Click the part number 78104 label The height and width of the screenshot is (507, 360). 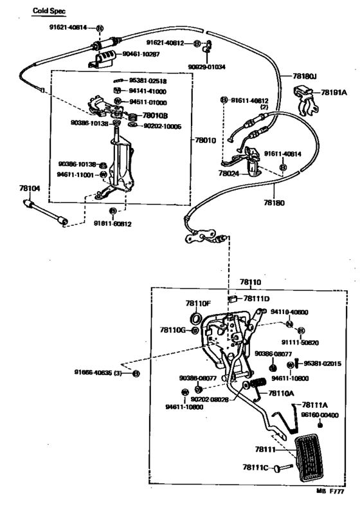click(28, 189)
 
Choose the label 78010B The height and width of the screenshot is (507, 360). click(155, 116)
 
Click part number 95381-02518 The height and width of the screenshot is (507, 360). click(148, 81)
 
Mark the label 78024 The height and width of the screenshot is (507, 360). click(228, 173)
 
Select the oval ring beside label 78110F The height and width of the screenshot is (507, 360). click(195, 319)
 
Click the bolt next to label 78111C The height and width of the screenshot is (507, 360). click(283, 468)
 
